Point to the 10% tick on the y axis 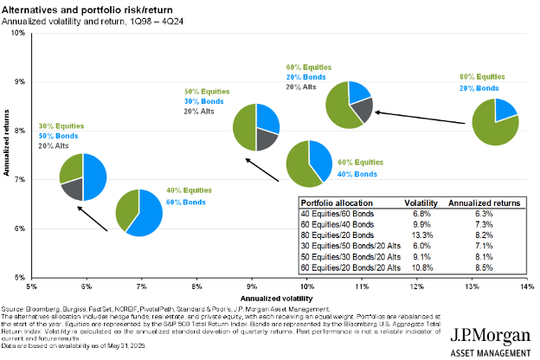16,33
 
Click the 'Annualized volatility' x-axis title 279,296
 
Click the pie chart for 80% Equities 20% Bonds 495,121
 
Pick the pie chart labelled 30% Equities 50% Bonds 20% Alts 82,177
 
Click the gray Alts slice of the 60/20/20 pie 363,108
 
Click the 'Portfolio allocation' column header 336,202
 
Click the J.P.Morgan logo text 490,333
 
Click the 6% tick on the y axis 18,228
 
